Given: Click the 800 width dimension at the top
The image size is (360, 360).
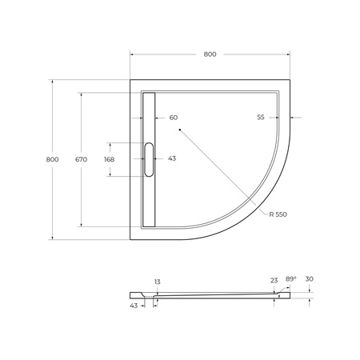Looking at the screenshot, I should coord(209,54).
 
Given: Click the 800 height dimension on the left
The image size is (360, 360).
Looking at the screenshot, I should coord(52,160).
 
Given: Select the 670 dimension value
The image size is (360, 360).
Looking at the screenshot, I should coord(81,160).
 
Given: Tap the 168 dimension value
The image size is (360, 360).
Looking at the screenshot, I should coord(109,159).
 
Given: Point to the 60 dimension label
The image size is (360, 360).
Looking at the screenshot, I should coord(173,118).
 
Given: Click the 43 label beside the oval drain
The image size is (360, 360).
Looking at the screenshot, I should coord(171,158).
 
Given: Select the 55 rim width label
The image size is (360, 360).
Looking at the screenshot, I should coord(261,118).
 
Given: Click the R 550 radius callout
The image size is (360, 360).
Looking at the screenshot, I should coord(279,214).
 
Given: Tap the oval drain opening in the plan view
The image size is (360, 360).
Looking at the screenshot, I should coord(148,158).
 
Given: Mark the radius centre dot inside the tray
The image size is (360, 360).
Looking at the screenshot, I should coord(181,128).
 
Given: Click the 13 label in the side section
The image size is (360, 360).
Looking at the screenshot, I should coord(157,282).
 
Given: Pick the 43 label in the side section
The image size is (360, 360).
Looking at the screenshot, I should coord(134,305).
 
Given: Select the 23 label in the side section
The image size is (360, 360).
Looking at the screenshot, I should coord(274,280).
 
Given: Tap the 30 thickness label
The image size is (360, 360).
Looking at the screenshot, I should coord(310,279).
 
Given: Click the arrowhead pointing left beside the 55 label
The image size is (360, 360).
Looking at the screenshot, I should coord(294,118).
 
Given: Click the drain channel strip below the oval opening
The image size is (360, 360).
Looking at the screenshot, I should coord(148,200).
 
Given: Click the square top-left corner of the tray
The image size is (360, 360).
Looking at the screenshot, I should coord(132,80).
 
